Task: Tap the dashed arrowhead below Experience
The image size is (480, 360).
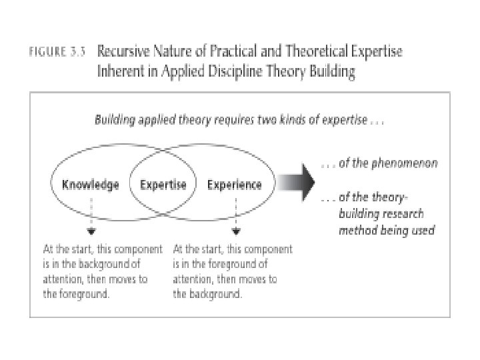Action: [235, 233]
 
